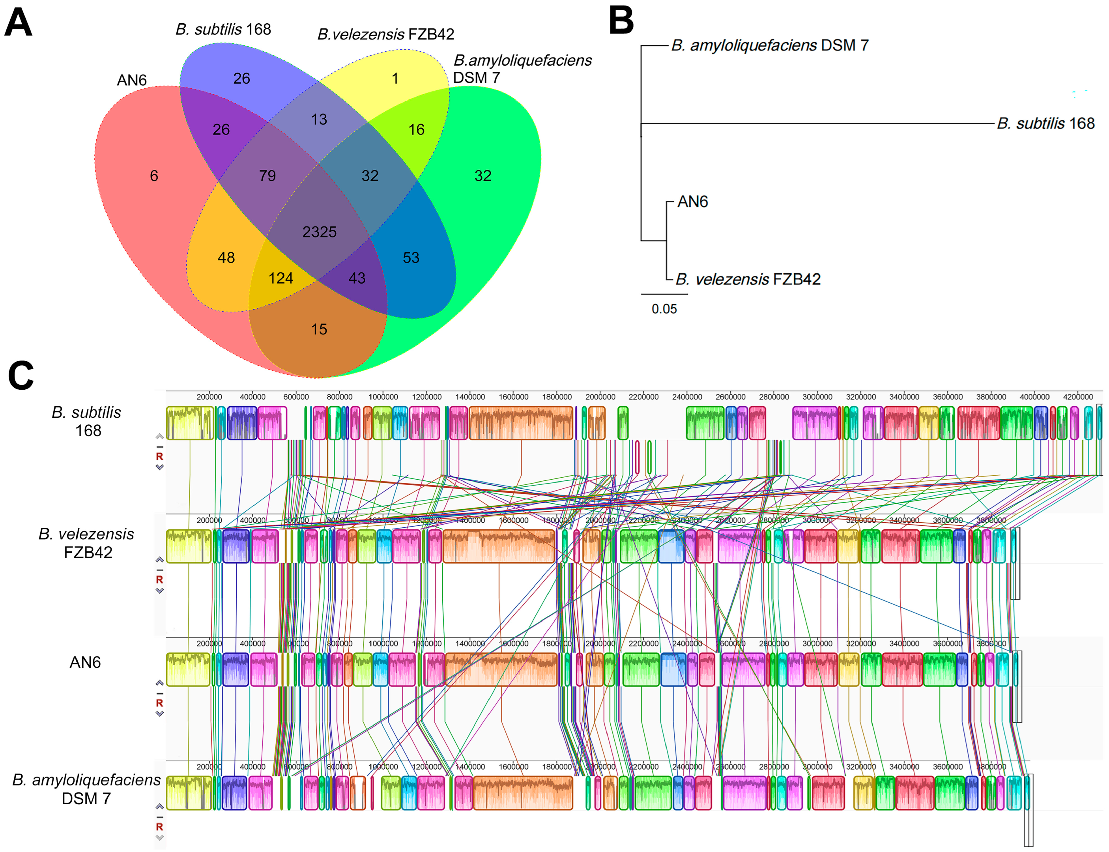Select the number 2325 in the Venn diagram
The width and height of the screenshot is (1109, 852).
pos(319,232)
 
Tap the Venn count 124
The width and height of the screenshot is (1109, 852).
pos(281,278)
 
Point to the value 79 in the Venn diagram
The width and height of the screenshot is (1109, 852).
pos(267,176)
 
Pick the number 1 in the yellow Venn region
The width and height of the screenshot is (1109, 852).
pos(395,78)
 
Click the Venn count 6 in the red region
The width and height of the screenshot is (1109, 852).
pos(154,176)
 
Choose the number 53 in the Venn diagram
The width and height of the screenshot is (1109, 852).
pos(411,258)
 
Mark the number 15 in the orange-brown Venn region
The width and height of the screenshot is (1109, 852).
pos(319,329)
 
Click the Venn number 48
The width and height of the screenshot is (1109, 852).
pos(226,258)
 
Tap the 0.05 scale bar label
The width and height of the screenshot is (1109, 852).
pos(664,309)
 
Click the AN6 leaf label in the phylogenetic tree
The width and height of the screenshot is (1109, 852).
pos(692,202)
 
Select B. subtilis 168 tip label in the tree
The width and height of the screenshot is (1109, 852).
pos(1045,123)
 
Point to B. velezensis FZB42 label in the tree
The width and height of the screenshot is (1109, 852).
pos(747,279)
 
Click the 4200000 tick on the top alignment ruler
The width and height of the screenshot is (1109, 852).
pos(1077,396)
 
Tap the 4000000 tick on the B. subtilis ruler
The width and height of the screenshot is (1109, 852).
pos(1034,396)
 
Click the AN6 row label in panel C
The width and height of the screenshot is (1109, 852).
pos(85,662)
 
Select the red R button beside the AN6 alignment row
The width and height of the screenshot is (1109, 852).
pos(159,703)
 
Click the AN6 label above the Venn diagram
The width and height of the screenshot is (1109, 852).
pos(131,80)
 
